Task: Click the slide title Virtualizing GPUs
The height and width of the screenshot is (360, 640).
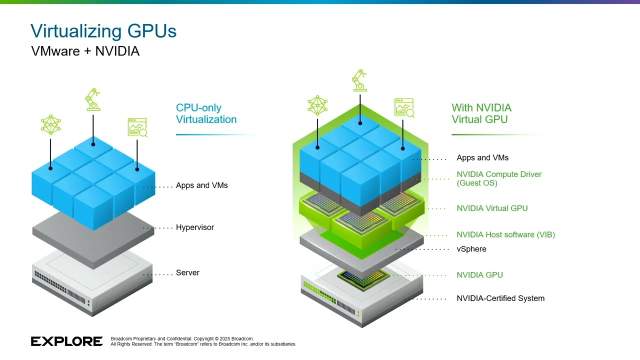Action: (103, 31)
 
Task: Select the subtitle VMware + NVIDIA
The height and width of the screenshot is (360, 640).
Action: (85, 51)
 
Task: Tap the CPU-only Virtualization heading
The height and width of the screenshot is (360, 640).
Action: (206, 113)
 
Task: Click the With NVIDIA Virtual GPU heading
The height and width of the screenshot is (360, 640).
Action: (481, 113)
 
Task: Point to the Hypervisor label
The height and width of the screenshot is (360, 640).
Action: (194, 227)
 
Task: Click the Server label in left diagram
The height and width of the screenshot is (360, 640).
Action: (187, 273)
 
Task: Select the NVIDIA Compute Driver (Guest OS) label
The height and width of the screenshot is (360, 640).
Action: (498, 178)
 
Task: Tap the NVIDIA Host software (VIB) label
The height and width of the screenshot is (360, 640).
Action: (505, 234)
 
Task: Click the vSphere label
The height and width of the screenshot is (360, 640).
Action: (471, 249)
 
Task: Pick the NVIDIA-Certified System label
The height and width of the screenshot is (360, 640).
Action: (500, 298)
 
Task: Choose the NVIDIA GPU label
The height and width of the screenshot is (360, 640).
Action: (479, 275)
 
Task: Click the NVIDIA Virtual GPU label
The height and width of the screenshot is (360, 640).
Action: (492, 208)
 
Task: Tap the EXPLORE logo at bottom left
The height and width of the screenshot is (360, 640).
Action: (66, 341)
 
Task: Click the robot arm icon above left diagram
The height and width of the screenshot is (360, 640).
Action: (93, 100)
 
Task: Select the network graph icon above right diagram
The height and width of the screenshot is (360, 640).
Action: (317, 105)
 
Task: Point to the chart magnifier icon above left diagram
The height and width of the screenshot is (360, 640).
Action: (137, 127)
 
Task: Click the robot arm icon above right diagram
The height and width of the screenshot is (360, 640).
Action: (359, 81)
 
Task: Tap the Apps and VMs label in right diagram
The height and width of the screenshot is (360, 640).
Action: (482, 158)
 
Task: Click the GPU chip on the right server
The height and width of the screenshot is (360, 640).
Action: (363, 278)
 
